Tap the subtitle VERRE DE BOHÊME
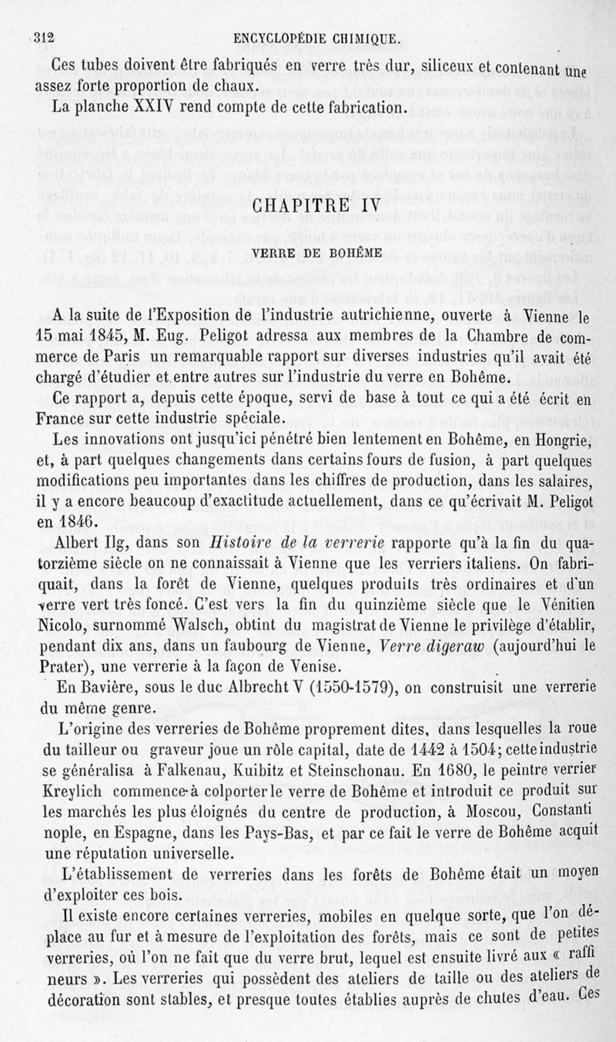click(306, 253)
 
